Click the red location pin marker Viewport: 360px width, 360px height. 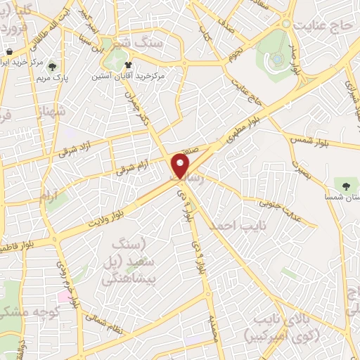pos(181,165)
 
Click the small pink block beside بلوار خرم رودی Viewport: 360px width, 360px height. pos(64,296)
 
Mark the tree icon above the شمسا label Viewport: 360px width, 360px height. pos(345,185)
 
